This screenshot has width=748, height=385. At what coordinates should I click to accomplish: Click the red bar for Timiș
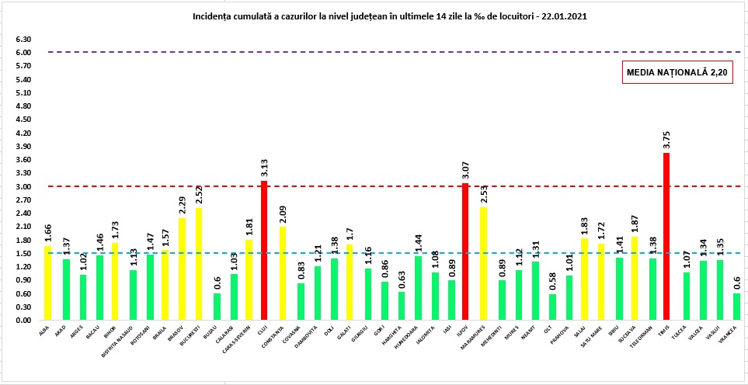pos(666,237)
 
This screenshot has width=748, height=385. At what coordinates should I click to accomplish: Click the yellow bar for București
pos(199,264)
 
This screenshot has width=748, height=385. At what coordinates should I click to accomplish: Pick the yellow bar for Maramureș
pos(482,264)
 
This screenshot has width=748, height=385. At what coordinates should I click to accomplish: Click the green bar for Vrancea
pos(736,307)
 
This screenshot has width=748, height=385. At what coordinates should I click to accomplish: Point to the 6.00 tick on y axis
pos(23,53)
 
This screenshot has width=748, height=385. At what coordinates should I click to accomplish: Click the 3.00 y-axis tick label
pos(23,186)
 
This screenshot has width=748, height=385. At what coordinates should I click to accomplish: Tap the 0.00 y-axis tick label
pos(23,321)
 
